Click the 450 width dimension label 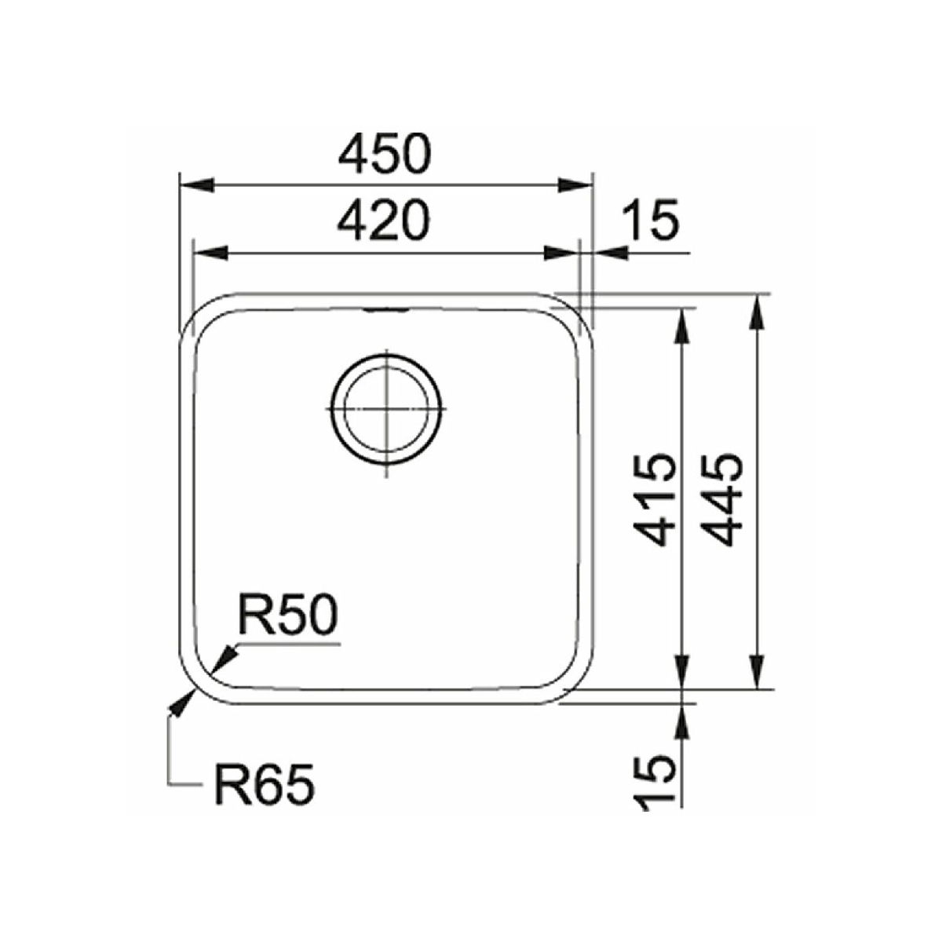385,154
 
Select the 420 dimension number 384,221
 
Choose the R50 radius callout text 287,615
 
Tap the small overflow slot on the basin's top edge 387,309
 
